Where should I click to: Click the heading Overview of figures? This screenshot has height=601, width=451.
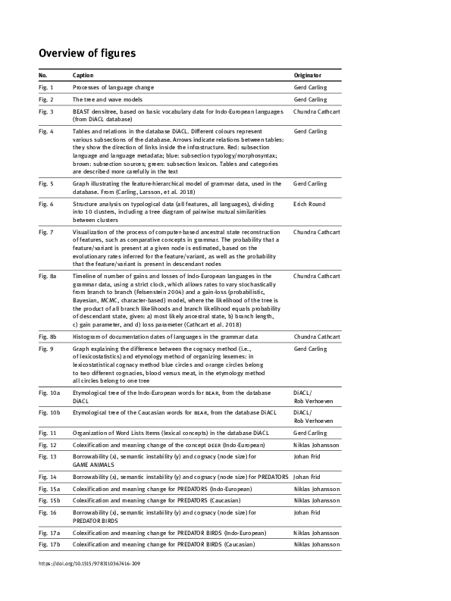pyautogui.click(x=87, y=53)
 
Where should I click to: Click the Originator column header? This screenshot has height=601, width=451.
pyautogui.click(x=308, y=76)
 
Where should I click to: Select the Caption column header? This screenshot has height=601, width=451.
pyautogui.click(x=83, y=76)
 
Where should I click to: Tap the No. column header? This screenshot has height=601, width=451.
pyautogui.click(x=43, y=76)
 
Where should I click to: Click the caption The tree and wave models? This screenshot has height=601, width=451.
pyautogui.click(x=108, y=99)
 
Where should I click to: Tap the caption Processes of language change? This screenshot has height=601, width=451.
pyautogui.click(x=113, y=88)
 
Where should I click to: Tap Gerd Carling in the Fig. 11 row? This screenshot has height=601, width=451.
pyautogui.click(x=310, y=432)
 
